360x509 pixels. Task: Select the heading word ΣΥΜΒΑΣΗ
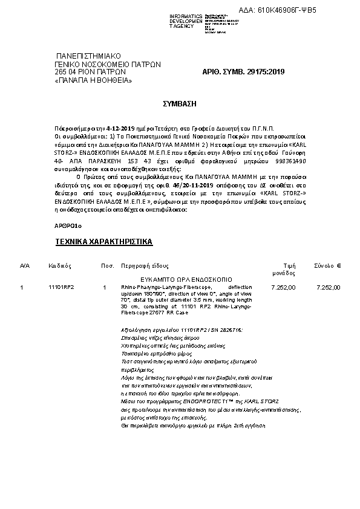(180, 104)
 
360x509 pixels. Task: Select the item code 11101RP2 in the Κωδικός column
(61, 287)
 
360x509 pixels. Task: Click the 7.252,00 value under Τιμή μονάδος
(284, 287)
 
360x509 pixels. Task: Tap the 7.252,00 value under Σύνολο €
(329, 287)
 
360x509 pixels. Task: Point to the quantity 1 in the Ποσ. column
(105, 287)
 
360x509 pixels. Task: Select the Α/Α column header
(24, 265)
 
